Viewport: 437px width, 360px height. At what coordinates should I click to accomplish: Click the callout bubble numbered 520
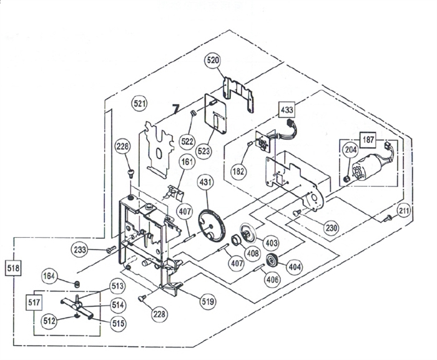(213, 61)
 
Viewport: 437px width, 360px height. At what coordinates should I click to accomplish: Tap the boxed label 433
(287, 110)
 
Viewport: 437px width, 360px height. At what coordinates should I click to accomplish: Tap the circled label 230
(331, 228)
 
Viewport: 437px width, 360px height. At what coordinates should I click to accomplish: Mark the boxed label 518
(12, 268)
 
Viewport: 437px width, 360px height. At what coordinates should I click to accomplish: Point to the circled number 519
(207, 302)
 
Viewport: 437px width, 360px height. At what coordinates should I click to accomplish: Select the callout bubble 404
(294, 266)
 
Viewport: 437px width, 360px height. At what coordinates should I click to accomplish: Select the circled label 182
(238, 170)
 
